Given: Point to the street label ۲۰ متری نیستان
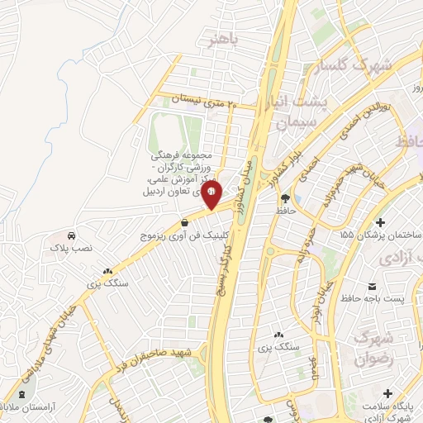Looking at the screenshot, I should pos(203,101).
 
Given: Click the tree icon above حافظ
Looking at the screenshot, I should pos(285,197).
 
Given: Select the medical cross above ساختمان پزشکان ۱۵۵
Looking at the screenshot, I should pos(380,223).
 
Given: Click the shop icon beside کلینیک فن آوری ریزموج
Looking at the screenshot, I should pos(184,223).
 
